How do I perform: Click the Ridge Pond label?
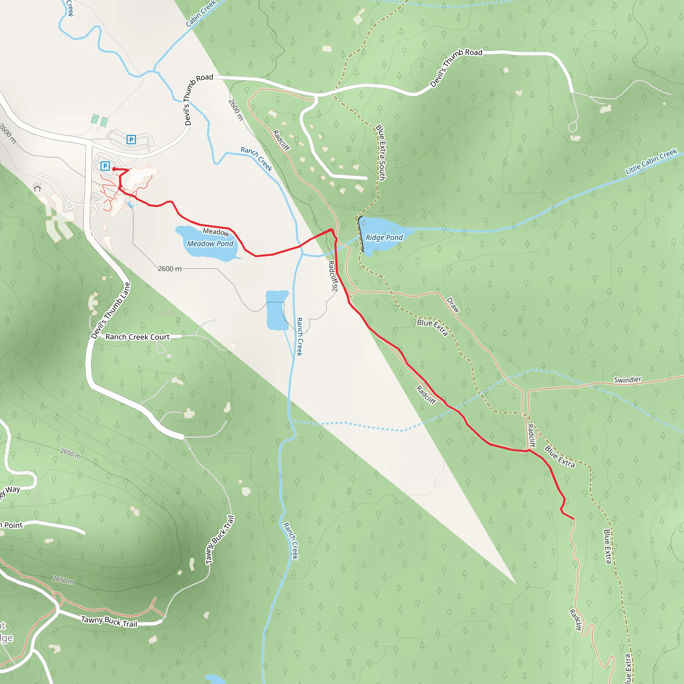[x=384, y=237]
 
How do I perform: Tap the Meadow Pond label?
[x=210, y=243]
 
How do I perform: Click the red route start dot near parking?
[x=114, y=169]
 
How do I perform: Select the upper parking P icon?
[x=131, y=140]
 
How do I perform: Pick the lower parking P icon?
[x=105, y=166]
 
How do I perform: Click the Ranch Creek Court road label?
[x=137, y=337]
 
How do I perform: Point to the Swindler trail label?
[x=627, y=380]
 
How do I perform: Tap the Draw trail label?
[x=453, y=305]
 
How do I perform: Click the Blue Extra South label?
[x=381, y=152]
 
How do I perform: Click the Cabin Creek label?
[x=201, y=13]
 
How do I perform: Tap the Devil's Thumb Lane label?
[x=111, y=311]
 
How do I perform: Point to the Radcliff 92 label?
[x=333, y=276]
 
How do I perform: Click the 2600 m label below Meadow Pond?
[x=170, y=269]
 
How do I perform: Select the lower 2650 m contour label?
[x=63, y=580]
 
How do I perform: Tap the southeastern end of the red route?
[x=573, y=519]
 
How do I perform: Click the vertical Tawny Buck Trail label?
[x=220, y=540]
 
